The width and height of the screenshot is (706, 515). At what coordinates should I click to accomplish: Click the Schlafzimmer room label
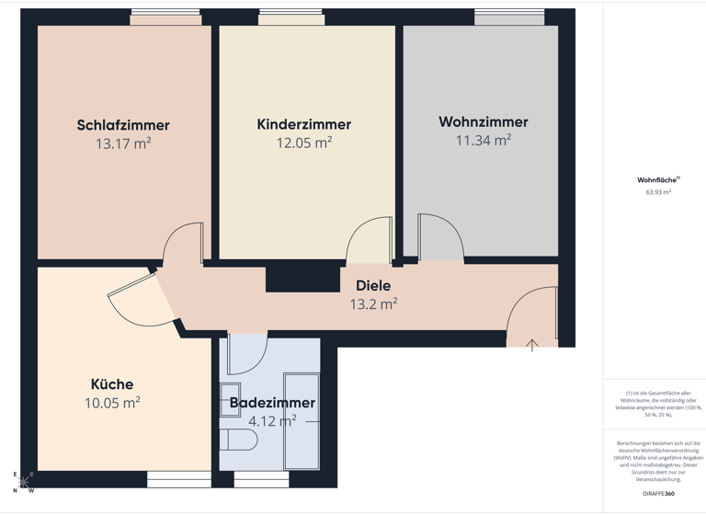pos(123,125)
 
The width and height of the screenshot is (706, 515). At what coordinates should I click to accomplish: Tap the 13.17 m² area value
pos(123,143)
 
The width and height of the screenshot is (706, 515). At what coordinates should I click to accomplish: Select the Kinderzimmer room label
pos(303,124)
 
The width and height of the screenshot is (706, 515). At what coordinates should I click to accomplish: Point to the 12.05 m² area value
pos(303,143)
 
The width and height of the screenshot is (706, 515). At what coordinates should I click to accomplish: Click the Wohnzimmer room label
pos(483,121)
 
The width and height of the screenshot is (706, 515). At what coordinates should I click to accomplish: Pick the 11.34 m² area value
pos(483,140)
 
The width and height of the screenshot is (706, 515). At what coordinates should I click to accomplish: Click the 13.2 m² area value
pos(373,303)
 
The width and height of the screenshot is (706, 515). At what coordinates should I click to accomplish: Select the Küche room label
pos(112,384)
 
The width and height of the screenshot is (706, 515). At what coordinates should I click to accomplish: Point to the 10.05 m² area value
pos(112,403)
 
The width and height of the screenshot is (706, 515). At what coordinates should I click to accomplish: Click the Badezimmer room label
pos(272,403)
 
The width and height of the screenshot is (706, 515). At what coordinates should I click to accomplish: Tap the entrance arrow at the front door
pos(531,346)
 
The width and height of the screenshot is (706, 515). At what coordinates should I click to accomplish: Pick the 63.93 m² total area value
pos(658,193)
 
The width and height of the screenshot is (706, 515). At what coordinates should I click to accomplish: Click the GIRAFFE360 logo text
pos(658,495)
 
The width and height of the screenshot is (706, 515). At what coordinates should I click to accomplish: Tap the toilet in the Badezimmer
pos(242,441)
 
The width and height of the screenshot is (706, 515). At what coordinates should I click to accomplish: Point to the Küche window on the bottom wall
pos(178,478)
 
